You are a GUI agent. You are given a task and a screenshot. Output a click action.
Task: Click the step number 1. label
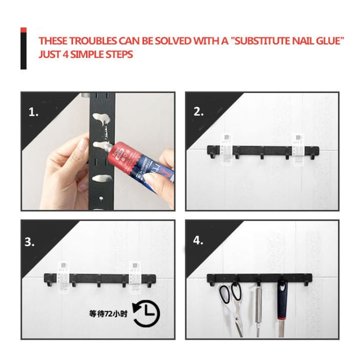click(33, 112)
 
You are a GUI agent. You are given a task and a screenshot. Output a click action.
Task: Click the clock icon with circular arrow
click(146, 314)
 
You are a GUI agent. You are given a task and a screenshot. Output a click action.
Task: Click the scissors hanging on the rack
click(232, 307)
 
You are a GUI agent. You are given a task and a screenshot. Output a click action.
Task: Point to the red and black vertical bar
click(24, 48)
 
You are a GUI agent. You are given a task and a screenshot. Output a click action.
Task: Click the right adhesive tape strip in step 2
click(298, 149)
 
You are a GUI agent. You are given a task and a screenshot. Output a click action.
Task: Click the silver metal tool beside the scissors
click(258, 310)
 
